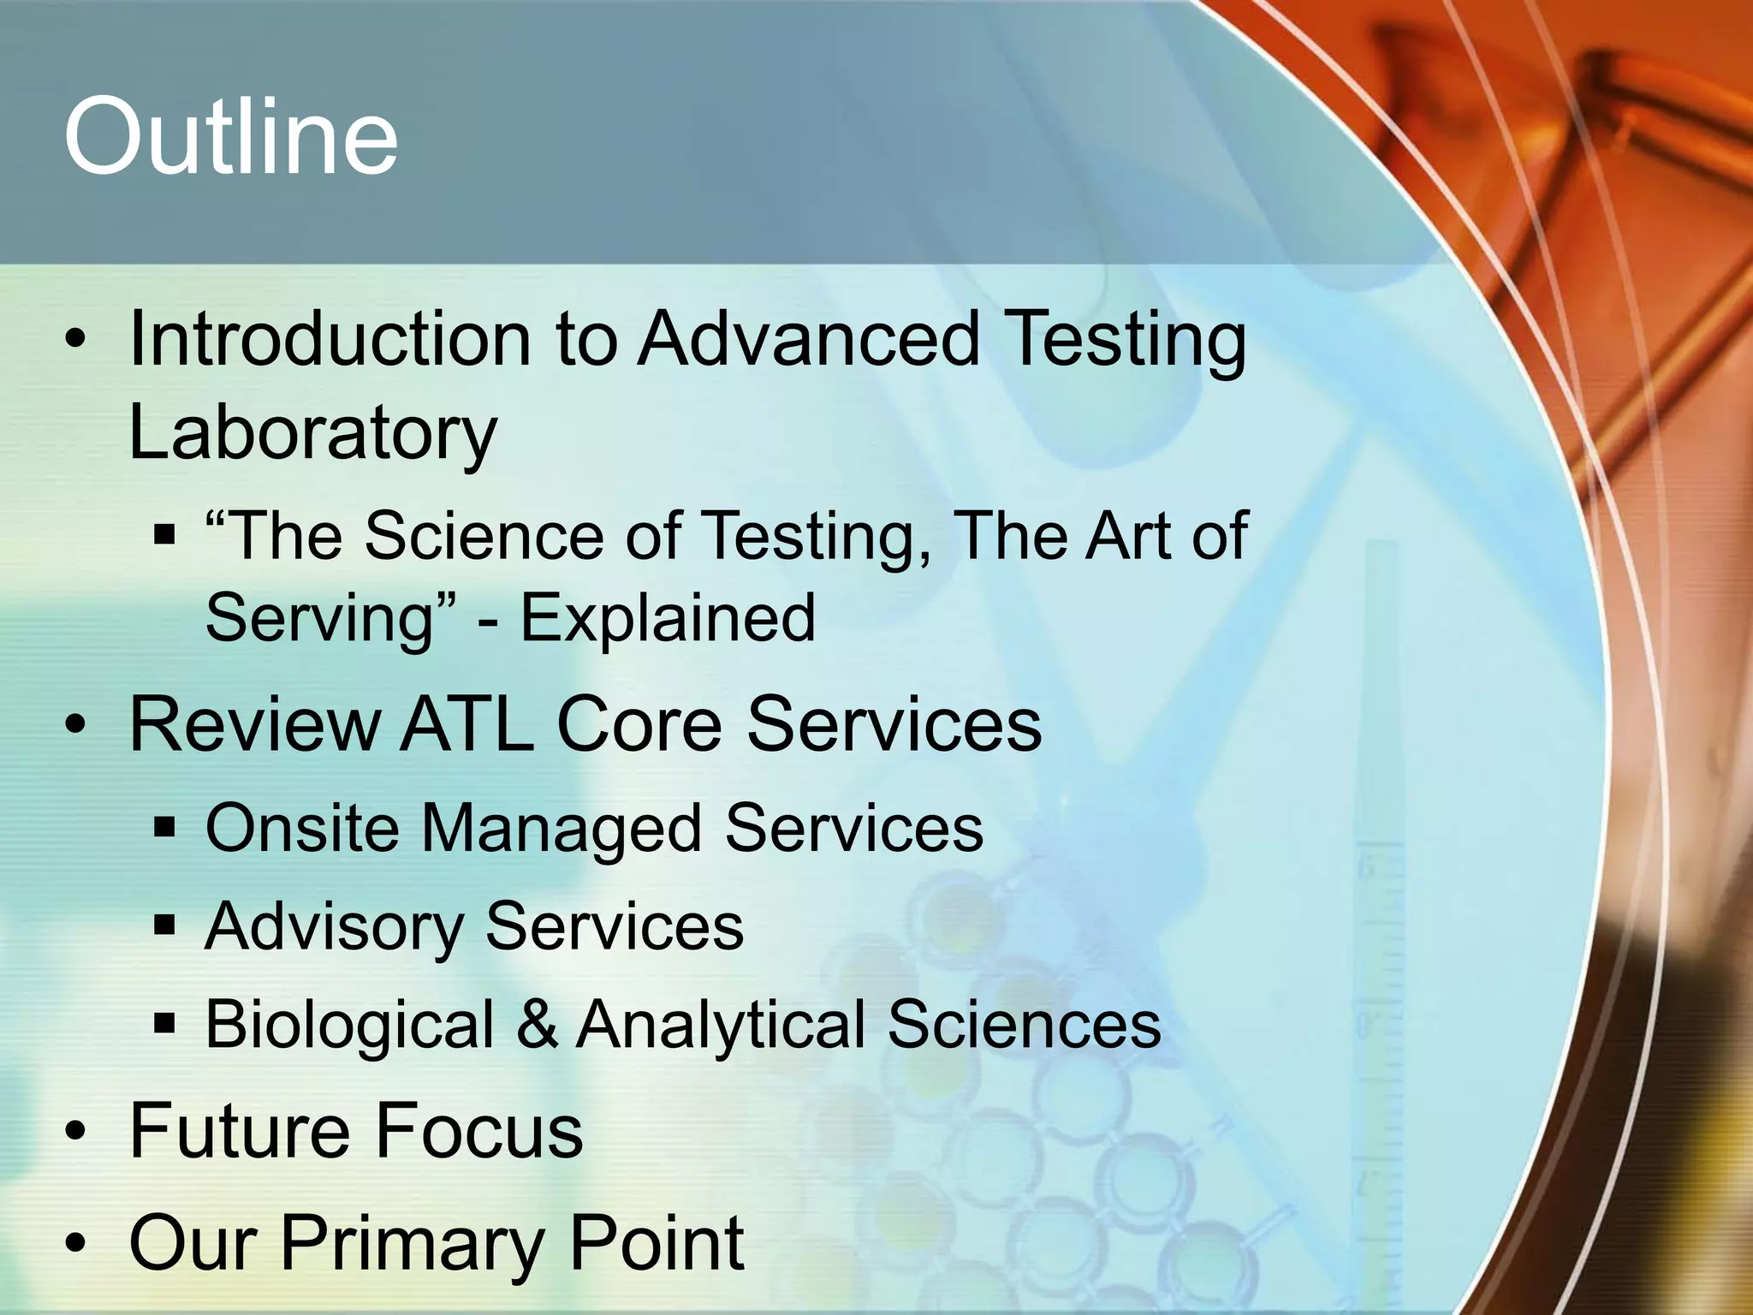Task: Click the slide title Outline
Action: pos(231,137)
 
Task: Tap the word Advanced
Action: pos(808,340)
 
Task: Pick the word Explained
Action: pos(668,618)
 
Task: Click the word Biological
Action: pos(350,1025)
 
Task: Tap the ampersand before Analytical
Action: pos(538,1025)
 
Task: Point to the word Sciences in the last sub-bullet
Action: pos(1024,1025)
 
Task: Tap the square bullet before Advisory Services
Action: pos(164,925)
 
